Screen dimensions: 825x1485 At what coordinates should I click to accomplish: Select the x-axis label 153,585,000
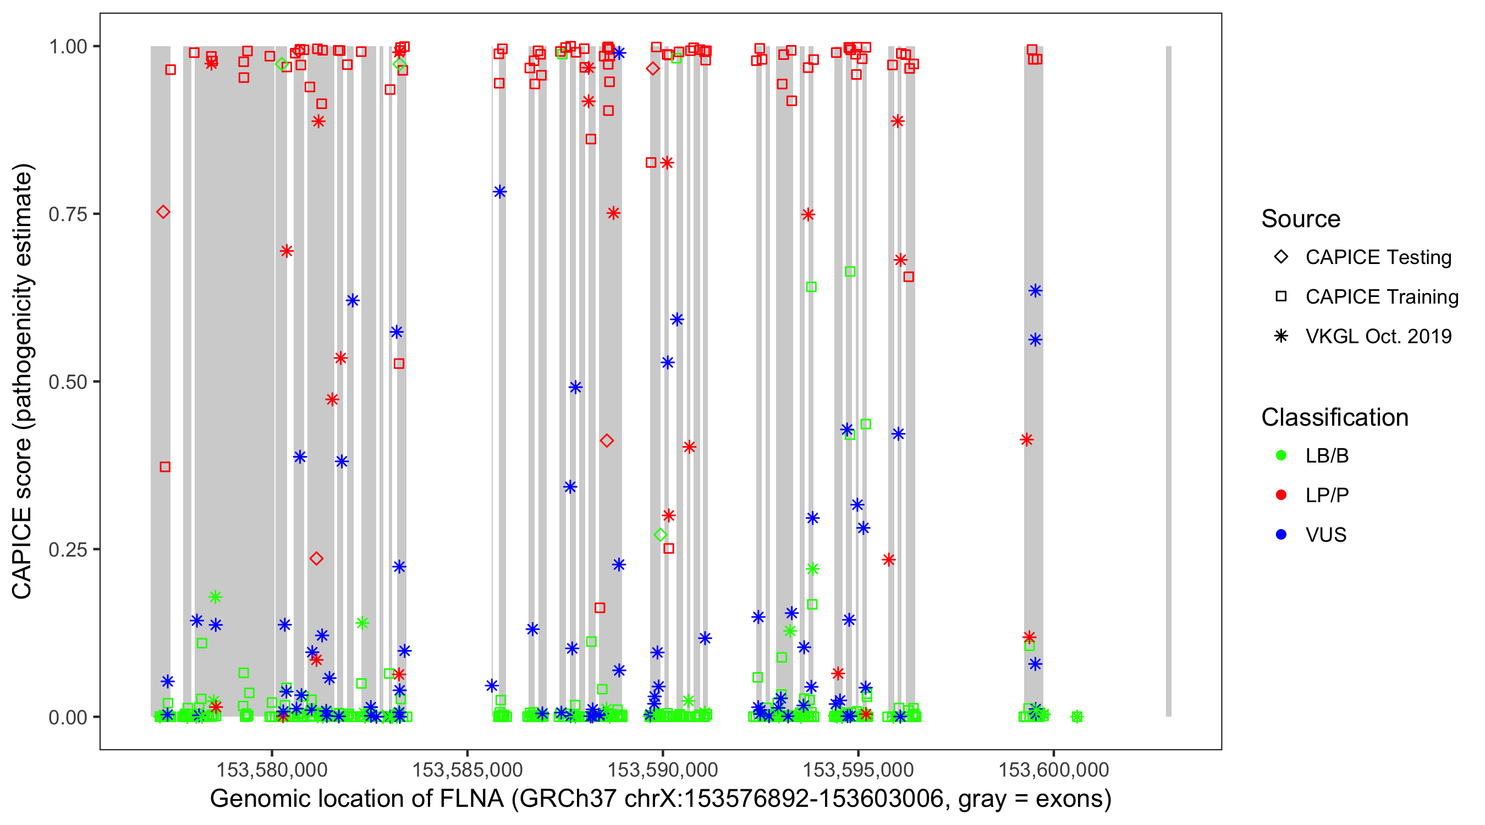(x=467, y=769)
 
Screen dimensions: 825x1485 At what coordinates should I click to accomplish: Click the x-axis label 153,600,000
(x=1053, y=769)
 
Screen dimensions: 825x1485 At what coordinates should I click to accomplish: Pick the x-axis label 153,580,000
(x=272, y=769)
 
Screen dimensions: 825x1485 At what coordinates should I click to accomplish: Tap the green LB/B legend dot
(x=1281, y=455)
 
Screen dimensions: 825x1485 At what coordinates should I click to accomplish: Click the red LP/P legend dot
(x=1281, y=495)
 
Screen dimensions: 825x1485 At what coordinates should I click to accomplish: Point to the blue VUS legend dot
(x=1281, y=535)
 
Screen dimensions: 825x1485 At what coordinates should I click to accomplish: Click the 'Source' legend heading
(x=1301, y=219)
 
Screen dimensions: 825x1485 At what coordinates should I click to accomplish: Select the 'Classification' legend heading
(x=1334, y=417)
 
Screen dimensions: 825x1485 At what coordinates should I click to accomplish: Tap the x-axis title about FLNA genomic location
(x=660, y=799)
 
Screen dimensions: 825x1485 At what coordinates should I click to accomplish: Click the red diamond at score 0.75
(x=163, y=212)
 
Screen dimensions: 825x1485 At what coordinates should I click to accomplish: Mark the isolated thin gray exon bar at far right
(x=1169, y=381)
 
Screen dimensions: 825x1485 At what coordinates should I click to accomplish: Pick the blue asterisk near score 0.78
(x=500, y=192)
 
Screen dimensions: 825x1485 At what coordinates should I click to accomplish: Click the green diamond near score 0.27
(x=661, y=535)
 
